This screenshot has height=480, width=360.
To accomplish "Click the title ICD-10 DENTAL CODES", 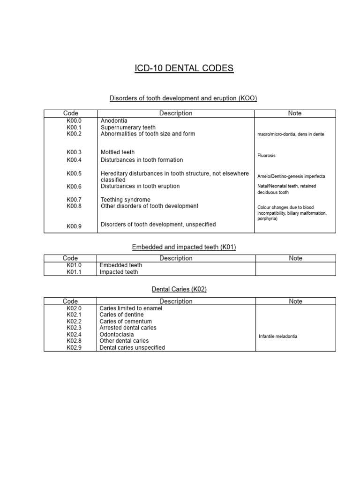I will (x=184, y=68).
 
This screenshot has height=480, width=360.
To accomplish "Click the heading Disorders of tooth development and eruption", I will (x=183, y=98).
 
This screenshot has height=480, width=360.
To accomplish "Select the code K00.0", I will (x=74, y=120).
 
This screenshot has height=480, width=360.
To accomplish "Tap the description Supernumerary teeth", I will (x=128, y=127).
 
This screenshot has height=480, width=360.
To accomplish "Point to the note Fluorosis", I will (x=266, y=155).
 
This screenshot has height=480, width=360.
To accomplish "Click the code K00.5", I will (x=74, y=173).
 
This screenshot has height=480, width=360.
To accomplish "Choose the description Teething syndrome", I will (x=126, y=200).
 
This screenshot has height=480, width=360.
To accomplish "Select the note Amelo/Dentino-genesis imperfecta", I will (x=291, y=176).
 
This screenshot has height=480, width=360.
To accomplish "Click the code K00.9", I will (x=74, y=226).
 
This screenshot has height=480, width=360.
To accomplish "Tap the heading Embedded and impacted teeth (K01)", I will (x=183, y=247).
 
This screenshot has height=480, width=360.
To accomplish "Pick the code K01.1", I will (x=74, y=272).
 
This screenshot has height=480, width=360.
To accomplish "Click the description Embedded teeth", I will (x=121, y=265).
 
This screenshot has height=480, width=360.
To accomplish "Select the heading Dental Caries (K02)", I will (x=179, y=289).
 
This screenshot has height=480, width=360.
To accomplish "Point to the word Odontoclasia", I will (x=117, y=335).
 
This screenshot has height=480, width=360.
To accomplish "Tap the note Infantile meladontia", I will (x=278, y=337).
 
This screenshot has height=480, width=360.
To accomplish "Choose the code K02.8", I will (x=74, y=341).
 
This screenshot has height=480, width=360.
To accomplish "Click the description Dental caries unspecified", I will (x=132, y=348).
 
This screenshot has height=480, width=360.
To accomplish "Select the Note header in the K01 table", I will (x=295, y=258).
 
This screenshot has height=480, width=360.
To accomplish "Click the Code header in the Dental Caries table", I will (x=70, y=301).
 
